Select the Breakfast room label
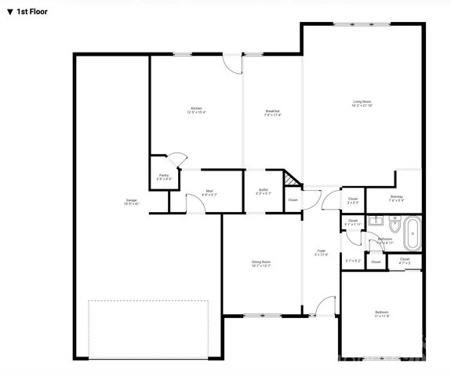[x=273, y=112]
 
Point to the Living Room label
[x=362, y=104]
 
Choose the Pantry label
[x=164, y=177]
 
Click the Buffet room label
[x=264, y=192]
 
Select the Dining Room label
[x=261, y=263]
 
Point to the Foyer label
[x=322, y=251]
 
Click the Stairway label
[x=396, y=198]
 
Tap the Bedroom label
[x=382, y=314]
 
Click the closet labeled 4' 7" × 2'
[x=405, y=261]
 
